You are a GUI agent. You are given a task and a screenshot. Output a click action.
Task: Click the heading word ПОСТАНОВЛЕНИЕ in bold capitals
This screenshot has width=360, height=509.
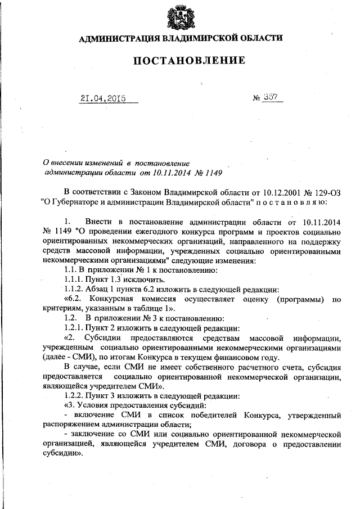[x=180, y=60]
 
